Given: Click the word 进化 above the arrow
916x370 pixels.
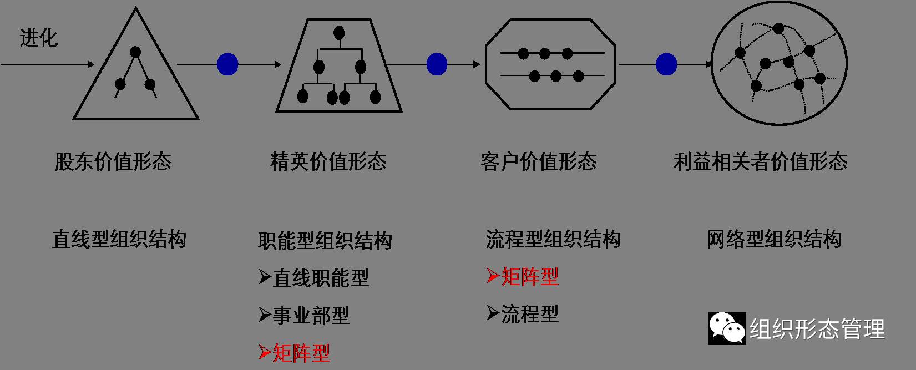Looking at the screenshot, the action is pyautogui.click(x=38, y=38).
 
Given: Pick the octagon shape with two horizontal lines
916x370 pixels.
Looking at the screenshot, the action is pyautogui.click(x=550, y=64).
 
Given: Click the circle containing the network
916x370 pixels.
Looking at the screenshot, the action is pyautogui.click(x=779, y=63).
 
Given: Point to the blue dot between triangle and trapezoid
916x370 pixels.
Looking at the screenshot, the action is pyautogui.click(x=227, y=64).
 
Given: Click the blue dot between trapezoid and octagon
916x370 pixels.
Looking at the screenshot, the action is pyautogui.click(x=437, y=64).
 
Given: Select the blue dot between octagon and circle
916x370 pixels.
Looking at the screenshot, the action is pyautogui.click(x=666, y=64).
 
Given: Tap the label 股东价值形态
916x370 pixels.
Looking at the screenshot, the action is pyautogui.click(x=113, y=162).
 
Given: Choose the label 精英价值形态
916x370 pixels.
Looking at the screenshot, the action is pyautogui.click(x=328, y=162).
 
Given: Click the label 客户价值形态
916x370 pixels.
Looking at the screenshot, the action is pyautogui.click(x=538, y=162).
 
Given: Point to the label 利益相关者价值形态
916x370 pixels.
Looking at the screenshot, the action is pyautogui.click(x=760, y=162).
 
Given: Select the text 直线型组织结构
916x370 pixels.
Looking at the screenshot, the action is pyautogui.click(x=119, y=240).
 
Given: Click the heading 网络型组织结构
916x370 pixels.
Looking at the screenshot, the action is pyautogui.click(x=774, y=240).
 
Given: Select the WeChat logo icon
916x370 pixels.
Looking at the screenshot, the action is pyautogui.click(x=727, y=328).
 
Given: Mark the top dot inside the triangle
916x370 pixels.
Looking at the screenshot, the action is pyautogui.click(x=135, y=52).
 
